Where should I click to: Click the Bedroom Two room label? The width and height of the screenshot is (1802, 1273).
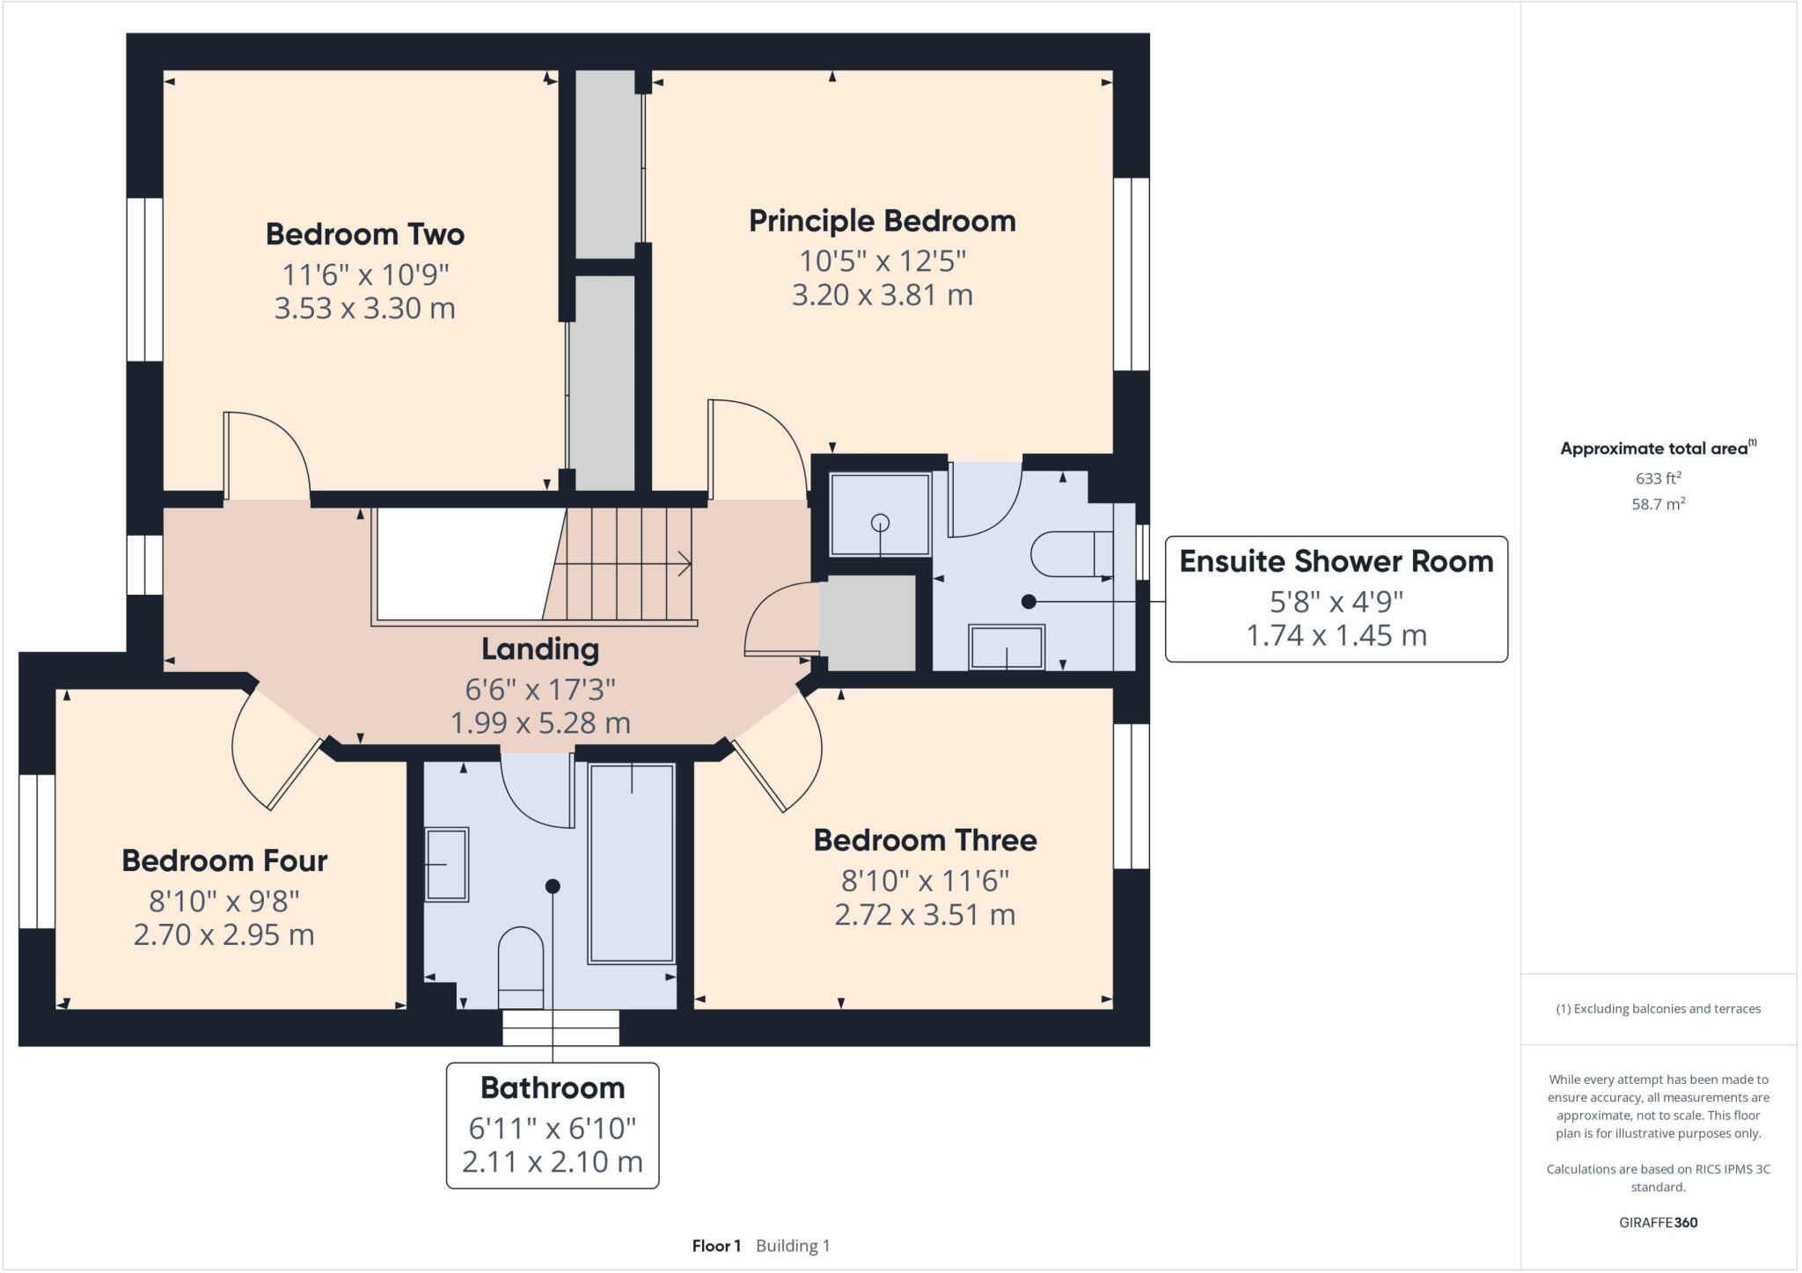click(364, 234)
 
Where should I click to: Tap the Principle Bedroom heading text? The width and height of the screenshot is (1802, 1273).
click(882, 221)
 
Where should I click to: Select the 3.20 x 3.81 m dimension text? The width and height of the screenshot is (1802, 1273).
click(882, 295)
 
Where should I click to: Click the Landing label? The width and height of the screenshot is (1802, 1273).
click(540, 649)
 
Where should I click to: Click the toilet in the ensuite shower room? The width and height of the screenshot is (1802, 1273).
click(1070, 554)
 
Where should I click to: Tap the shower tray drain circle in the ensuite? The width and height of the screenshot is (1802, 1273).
click(880, 523)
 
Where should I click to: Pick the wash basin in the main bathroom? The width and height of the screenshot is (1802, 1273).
click(446, 864)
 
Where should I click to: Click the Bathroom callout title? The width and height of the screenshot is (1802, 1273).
click(553, 1088)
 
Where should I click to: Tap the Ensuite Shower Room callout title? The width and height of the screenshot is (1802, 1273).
click(1336, 561)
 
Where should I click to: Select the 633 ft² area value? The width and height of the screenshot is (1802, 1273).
click(1658, 479)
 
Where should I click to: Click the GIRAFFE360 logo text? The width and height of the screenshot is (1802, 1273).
click(1658, 1223)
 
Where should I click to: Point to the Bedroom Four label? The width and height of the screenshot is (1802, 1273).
click(224, 860)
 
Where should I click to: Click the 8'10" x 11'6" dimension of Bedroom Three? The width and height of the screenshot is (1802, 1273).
click(925, 881)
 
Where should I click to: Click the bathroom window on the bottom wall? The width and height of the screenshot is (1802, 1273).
click(560, 1027)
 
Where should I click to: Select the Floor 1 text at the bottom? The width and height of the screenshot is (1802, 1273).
click(716, 1246)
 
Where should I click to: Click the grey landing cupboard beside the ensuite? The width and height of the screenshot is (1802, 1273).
click(868, 623)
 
